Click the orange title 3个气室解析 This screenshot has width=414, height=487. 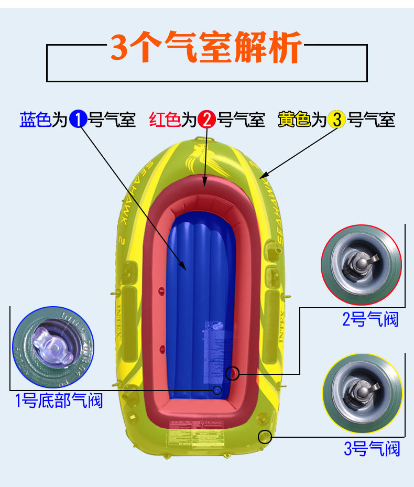(206, 48)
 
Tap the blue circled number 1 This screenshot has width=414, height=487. (78, 120)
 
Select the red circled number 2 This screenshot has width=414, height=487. (206, 120)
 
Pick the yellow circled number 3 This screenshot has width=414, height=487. (336, 120)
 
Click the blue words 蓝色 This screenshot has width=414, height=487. (35, 120)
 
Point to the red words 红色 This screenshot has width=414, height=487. (165, 120)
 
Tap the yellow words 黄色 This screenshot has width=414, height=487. (294, 120)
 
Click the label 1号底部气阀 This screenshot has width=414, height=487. (59, 401)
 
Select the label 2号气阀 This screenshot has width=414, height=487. (370, 319)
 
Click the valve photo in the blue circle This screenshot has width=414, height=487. (52, 343)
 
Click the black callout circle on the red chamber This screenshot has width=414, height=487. (232, 373)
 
